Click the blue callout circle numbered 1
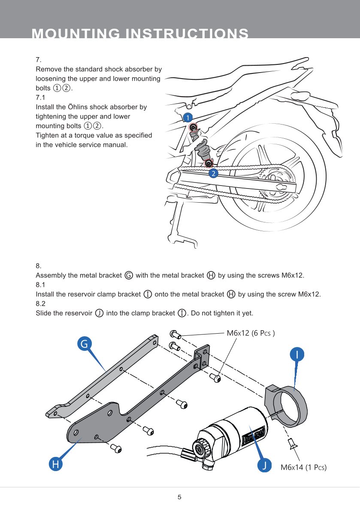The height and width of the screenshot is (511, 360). coord(187,117)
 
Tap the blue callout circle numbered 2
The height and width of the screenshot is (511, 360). coord(213,173)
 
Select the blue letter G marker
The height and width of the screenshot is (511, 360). coord(85,344)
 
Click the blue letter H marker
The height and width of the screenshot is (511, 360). coord(55,464)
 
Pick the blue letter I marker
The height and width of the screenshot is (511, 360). coord(297,355)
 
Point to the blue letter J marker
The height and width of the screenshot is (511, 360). coord(266,465)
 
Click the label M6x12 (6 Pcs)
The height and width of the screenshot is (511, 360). coord(251,333)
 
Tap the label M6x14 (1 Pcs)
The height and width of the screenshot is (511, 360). coord(303,467)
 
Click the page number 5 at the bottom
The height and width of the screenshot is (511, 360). coord(180,497)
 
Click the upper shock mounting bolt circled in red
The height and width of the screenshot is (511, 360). coord(193,128)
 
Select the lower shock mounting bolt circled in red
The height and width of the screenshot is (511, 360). coord(209,163)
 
